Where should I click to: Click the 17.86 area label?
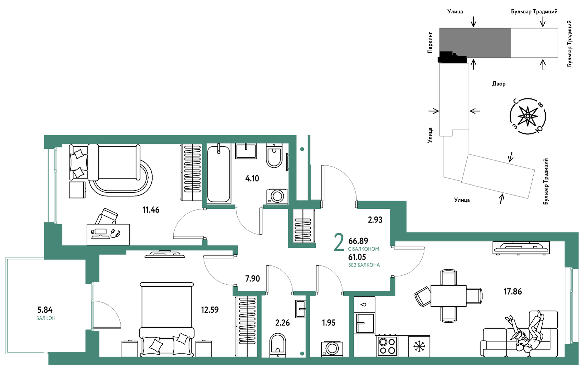point(512,291)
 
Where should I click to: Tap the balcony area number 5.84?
point(45,310)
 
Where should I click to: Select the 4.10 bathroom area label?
point(252,178)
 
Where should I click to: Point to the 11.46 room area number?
point(151,210)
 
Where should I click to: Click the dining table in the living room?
point(448,296)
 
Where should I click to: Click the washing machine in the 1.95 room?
point(332,349)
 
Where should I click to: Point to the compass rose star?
point(528,116)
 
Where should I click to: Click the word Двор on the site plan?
point(499,84)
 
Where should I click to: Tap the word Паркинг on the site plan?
point(430,43)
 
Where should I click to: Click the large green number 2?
point(339,243)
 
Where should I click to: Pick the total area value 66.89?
point(358,241)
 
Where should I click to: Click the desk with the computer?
point(108,234)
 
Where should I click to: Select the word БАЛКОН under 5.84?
point(46,318)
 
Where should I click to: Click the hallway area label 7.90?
point(253,279)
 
